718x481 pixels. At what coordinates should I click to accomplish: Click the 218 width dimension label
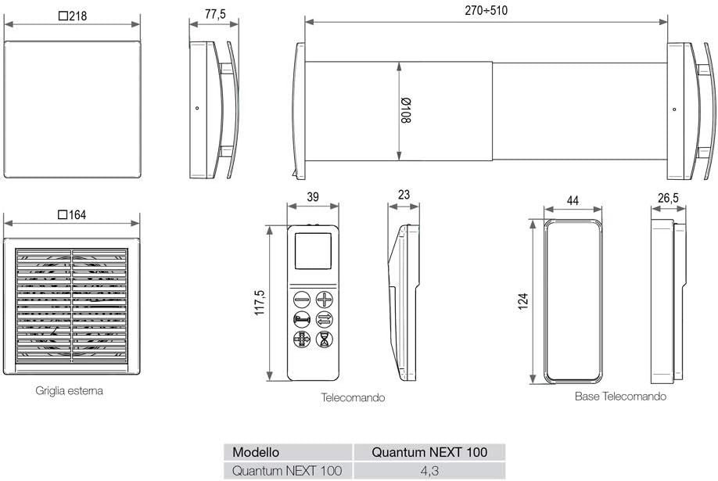click(x=73, y=16)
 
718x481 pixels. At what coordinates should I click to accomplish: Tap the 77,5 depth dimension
click(x=215, y=14)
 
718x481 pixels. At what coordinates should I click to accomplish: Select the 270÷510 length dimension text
click(x=486, y=10)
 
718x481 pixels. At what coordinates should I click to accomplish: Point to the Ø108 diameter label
click(x=406, y=110)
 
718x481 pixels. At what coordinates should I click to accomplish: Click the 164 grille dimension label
click(x=73, y=215)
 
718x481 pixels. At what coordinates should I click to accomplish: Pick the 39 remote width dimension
click(x=313, y=197)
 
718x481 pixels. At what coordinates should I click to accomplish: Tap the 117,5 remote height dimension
click(x=260, y=302)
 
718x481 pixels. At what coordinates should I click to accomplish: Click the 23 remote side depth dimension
click(x=404, y=196)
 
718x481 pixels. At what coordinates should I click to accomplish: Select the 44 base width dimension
click(x=573, y=201)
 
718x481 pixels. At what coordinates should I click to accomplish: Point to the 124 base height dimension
click(x=523, y=301)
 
